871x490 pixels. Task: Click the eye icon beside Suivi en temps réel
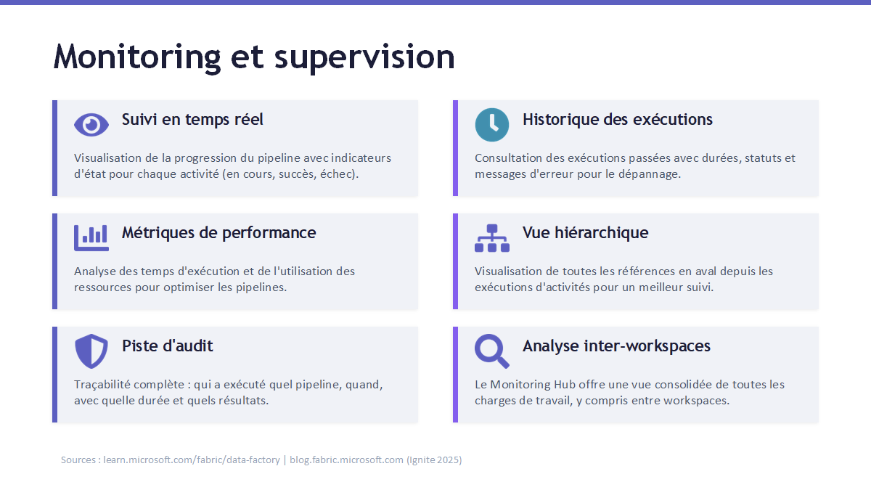point(91,125)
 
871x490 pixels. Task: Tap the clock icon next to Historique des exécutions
point(492,125)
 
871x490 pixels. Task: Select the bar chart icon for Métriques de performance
point(91,238)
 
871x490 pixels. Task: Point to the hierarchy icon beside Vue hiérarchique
point(492,238)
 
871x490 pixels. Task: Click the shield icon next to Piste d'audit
point(91,351)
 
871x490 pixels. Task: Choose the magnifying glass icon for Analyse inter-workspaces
point(492,351)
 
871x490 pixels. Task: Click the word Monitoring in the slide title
point(137,58)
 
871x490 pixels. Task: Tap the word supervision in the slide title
point(364,58)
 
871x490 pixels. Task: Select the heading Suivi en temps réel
point(192,119)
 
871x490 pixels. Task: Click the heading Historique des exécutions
point(618,119)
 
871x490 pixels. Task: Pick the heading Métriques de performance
point(219,233)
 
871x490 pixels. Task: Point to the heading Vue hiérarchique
point(585,233)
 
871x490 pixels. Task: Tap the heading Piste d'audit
point(167,346)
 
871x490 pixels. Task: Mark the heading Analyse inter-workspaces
point(616,346)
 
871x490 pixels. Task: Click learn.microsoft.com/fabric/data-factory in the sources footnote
point(192,460)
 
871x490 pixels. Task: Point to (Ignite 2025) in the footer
point(434,460)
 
